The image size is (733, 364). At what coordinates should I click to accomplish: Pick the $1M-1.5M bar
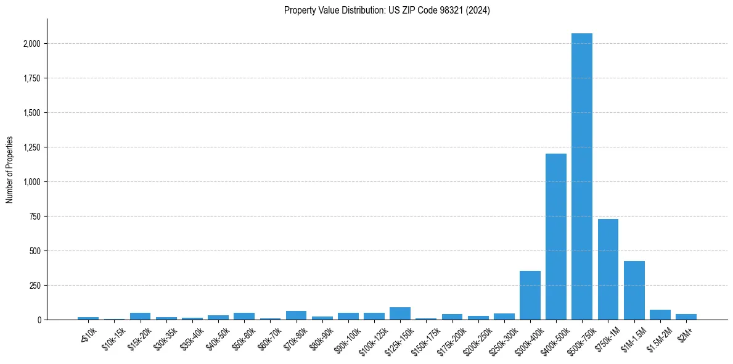[634, 290]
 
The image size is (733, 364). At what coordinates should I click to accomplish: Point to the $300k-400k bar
[530, 295]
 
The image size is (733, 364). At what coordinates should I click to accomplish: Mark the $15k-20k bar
[140, 316]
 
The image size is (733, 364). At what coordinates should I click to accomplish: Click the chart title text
[387, 10]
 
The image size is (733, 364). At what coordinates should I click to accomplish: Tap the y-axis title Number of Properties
[10, 170]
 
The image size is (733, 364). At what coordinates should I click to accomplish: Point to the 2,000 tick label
[33, 44]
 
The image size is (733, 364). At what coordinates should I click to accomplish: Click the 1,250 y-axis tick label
[33, 147]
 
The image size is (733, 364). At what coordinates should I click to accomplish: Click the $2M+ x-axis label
[684, 334]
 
